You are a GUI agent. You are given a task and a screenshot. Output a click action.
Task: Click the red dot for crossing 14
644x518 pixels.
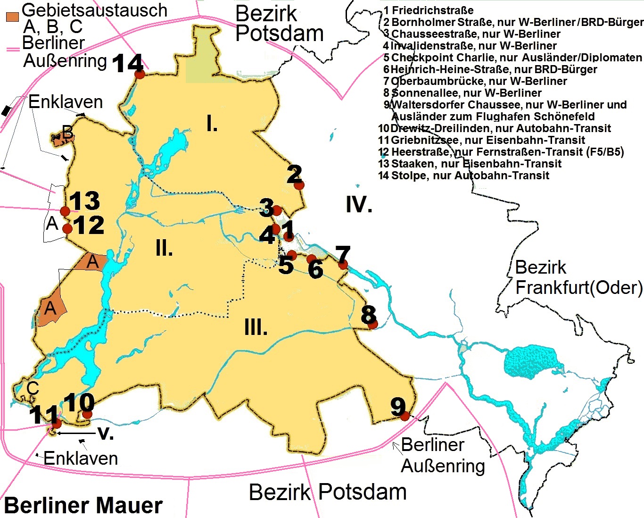(x=140, y=75)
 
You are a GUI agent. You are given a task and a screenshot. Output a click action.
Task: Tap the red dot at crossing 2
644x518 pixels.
(x=299, y=185)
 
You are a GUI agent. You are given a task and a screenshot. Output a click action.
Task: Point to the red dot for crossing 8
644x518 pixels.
(x=372, y=324)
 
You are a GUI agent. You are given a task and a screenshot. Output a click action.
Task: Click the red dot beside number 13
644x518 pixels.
(x=65, y=210)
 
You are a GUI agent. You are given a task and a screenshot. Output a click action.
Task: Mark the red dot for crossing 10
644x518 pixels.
(x=87, y=414)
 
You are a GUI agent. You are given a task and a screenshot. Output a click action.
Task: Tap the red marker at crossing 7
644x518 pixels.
(x=343, y=264)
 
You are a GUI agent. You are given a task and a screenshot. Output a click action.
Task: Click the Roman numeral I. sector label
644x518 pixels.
(x=212, y=124)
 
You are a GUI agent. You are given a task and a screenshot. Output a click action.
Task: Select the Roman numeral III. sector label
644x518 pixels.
(x=256, y=327)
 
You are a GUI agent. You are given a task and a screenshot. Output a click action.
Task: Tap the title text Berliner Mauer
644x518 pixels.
(x=83, y=505)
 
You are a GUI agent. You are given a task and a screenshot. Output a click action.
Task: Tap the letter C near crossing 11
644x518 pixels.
(x=32, y=388)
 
